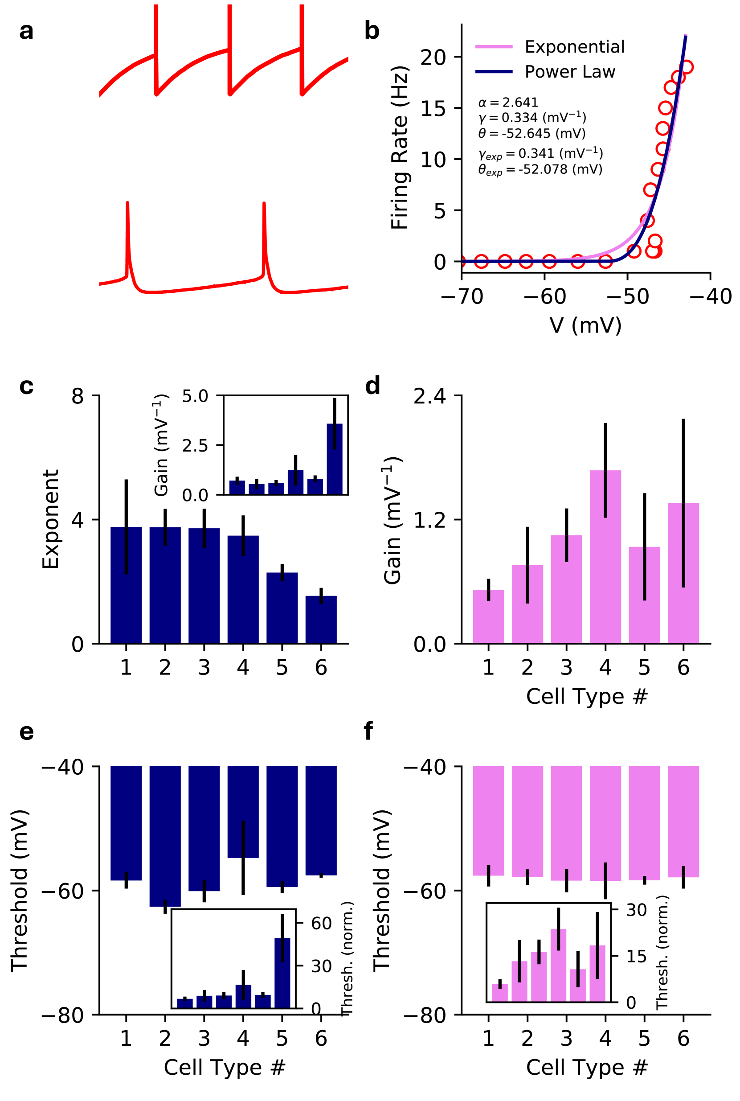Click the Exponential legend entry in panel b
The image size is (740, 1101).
tap(574, 47)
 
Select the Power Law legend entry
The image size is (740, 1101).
tap(570, 72)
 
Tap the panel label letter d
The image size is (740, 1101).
tap(372, 386)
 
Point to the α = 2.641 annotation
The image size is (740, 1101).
tap(508, 103)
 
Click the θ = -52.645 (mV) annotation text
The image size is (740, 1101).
tap(532, 134)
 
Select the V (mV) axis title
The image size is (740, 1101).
tap(586, 325)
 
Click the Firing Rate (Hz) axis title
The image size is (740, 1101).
tap(400, 148)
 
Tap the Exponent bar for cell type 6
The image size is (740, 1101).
tap(321, 620)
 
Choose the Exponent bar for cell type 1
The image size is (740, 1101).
tap(126, 585)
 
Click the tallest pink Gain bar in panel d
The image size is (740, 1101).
tap(605, 557)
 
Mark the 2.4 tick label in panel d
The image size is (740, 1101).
tap(429, 396)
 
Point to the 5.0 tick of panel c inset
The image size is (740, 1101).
tap(195, 396)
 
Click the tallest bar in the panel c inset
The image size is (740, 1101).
tap(335, 459)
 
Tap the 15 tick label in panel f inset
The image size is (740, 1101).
tap(636, 957)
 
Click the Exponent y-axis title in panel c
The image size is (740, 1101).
tap(50, 519)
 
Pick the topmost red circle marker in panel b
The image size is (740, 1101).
tap(687, 67)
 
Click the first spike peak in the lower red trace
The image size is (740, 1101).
tap(127, 203)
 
